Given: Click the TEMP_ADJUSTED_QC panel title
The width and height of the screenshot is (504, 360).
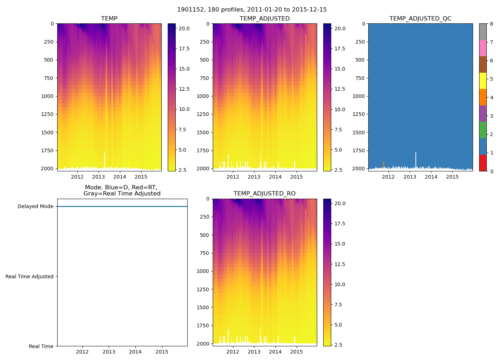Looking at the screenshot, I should [x=420, y=19].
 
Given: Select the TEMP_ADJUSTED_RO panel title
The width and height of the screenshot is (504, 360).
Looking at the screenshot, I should [x=265, y=194].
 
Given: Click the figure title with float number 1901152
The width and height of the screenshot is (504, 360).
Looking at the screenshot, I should [x=252, y=10].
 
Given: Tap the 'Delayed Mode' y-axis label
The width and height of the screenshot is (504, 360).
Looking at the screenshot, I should [x=35, y=207].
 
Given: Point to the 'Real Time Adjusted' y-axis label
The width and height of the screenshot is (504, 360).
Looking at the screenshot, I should [x=30, y=276].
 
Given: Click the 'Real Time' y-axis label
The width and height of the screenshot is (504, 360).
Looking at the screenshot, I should [x=41, y=346].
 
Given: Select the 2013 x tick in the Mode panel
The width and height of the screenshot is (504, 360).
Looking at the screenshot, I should [x=109, y=352].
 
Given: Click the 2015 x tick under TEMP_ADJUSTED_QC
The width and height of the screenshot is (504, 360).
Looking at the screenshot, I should [x=453, y=177].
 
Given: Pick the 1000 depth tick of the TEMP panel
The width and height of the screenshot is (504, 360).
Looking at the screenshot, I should [x=47, y=96].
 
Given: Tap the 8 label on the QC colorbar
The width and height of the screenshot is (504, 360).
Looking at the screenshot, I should [x=491, y=24].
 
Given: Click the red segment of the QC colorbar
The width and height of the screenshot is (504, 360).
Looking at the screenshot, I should [x=483, y=163].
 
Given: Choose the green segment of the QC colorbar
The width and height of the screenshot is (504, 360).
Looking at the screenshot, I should [x=483, y=130].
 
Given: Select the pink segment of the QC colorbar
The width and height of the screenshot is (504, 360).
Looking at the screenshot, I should [x=483, y=48].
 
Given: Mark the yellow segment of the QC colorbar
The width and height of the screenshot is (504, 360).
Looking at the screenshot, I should [x=483, y=81].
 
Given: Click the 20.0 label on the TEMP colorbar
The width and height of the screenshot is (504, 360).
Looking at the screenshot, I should [x=184, y=28].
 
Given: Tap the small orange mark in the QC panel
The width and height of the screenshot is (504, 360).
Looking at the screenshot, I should [x=384, y=164].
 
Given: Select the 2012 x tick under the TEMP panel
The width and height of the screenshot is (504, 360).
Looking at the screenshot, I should [x=77, y=177].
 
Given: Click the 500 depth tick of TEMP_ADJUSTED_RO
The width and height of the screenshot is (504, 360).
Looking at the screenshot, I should [x=204, y=235].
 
